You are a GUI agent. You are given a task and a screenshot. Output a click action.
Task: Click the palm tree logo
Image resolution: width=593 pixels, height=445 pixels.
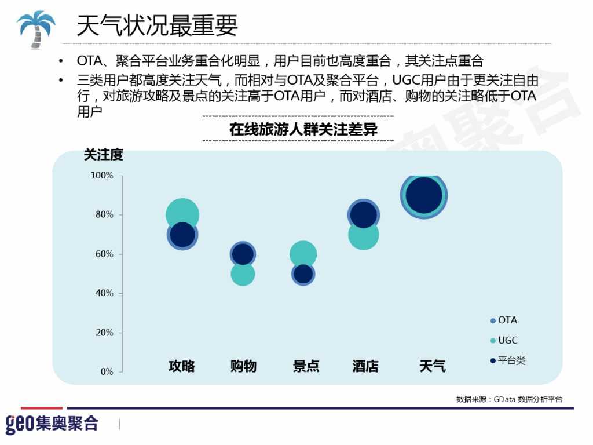click(35, 28)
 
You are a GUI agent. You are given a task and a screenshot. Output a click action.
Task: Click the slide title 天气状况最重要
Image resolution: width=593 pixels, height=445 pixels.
click(157, 25)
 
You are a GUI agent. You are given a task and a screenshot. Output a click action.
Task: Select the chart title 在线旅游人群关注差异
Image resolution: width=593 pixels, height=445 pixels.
click(303, 129)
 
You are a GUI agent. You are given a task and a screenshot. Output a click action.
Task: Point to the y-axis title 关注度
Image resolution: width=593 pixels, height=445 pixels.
click(104, 155)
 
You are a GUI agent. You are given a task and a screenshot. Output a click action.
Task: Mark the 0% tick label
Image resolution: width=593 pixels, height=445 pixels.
click(107, 372)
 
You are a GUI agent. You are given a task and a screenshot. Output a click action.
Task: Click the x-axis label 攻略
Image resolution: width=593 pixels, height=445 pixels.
click(182, 366)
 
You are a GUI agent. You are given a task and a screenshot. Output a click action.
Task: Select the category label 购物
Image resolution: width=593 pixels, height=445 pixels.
click(243, 366)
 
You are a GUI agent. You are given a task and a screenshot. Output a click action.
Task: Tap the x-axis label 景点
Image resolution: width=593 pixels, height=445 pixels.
click(306, 366)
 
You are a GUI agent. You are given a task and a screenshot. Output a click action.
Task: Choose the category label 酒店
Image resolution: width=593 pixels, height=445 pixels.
click(365, 366)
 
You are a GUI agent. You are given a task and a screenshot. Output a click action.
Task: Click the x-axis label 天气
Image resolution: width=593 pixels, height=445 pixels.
click(433, 366)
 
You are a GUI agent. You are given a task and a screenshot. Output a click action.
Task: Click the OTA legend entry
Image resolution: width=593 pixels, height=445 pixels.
click(504, 320)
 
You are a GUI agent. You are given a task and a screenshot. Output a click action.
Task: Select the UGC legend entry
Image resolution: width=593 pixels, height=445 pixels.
click(504, 341)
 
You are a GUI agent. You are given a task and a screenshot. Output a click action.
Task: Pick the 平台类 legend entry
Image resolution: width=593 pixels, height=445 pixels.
click(508, 360)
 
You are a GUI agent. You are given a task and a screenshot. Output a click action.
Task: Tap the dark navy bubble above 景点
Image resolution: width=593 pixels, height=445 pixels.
click(303, 274)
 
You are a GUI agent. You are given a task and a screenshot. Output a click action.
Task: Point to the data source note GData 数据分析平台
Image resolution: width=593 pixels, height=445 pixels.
click(509, 399)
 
